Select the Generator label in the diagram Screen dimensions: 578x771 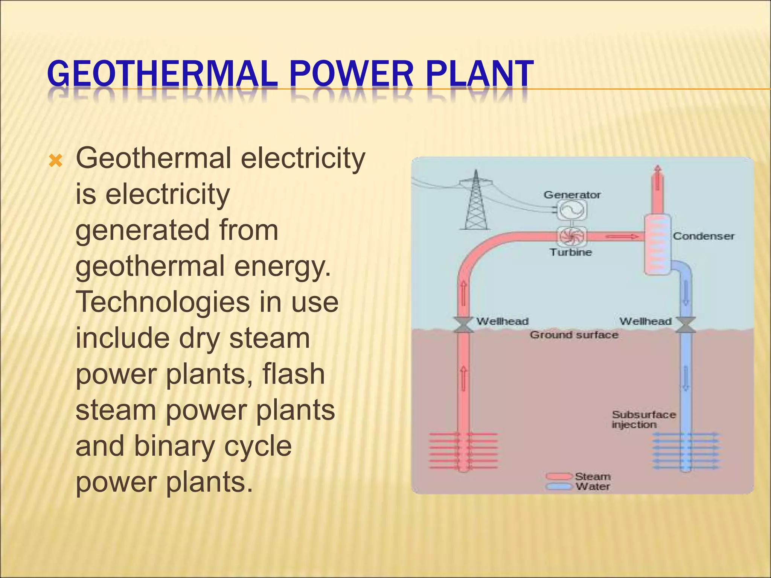coord(572,195)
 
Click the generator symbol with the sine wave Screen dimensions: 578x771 coord(571,210)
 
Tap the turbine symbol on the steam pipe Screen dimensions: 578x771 coord(571,236)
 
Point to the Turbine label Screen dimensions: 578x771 coord(571,252)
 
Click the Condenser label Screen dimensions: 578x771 coord(703,236)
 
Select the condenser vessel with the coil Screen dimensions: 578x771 coord(657,245)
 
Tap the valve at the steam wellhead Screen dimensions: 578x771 coord(463,324)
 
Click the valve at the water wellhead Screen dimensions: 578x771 coord(686,324)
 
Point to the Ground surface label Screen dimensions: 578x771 coord(574,335)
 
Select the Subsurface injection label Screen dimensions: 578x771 coord(643,420)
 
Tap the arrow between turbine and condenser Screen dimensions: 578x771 coord(621,237)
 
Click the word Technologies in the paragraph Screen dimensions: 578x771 coord(163,302)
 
